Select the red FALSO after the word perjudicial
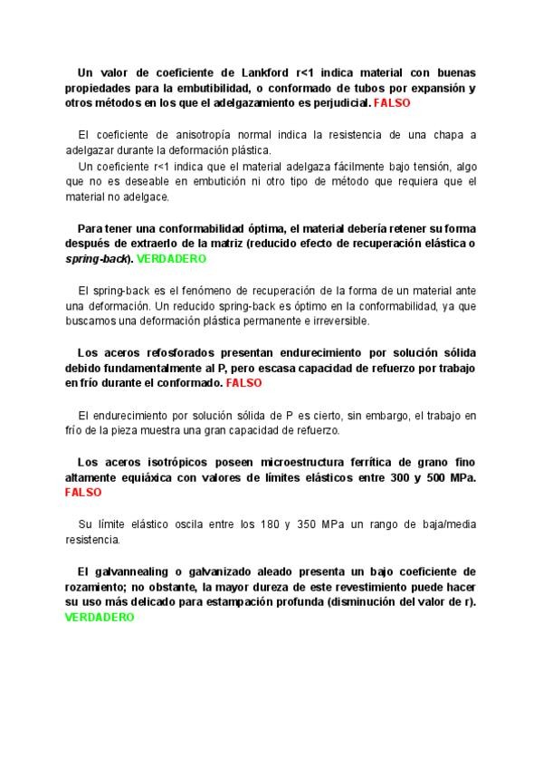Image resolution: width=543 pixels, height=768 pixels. [391, 104]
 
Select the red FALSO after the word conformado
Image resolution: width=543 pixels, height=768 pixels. [243, 383]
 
